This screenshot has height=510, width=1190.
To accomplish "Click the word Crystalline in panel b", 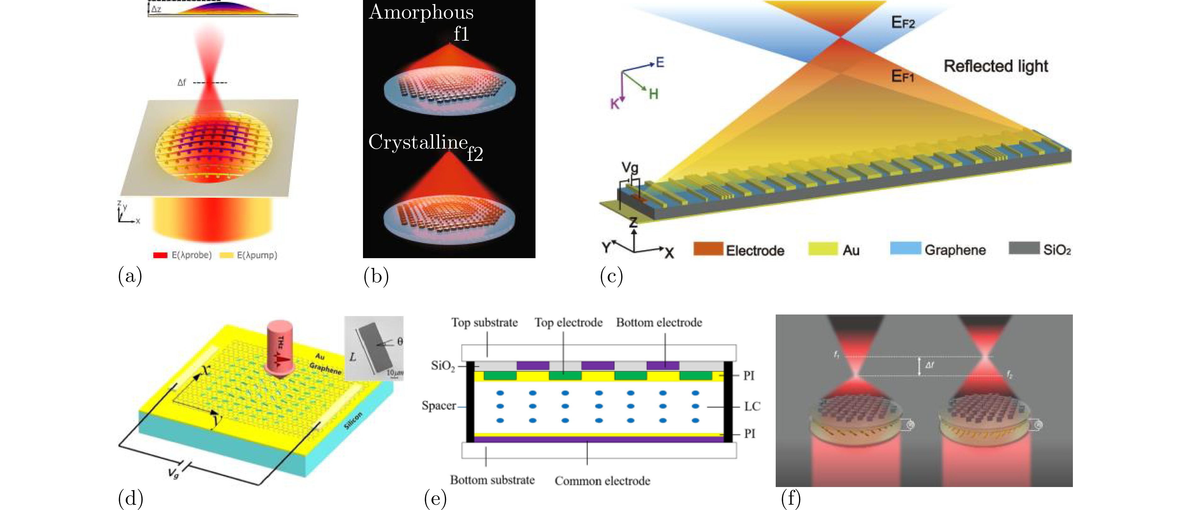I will tap(418, 142).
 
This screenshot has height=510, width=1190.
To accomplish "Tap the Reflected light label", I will tap(995, 66).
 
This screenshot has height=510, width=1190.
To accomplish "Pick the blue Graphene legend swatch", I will tap(905, 248).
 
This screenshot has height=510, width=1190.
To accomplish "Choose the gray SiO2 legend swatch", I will tap(1023, 248).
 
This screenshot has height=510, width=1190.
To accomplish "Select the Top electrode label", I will tap(568, 322).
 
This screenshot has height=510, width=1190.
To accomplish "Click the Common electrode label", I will tap(602, 481).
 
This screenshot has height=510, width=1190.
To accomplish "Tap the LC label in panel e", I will tap(752, 406).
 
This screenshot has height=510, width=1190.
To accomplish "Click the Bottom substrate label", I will tap(492, 480).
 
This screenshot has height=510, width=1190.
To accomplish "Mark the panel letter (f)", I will tap(790, 498).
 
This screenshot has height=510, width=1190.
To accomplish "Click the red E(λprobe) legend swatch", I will tap(160, 255).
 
